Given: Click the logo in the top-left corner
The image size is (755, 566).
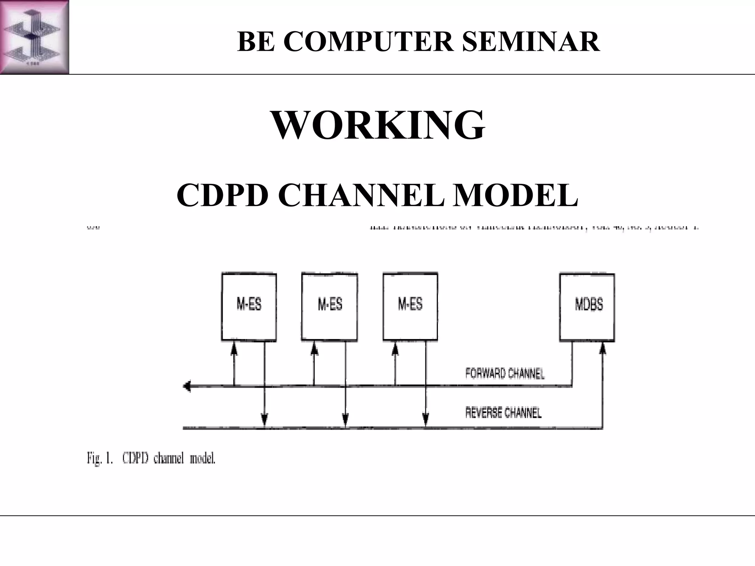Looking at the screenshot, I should [34, 37].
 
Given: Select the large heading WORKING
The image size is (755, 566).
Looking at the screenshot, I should [378, 125].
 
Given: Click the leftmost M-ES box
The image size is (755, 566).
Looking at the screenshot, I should [249, 307].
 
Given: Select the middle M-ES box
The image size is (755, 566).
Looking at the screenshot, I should [330, 307].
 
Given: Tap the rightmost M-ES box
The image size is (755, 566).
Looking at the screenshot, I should [410, 307].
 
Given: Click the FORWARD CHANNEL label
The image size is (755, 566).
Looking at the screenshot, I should [505, 374].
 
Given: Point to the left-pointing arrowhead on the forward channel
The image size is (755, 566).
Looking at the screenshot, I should [187, 387].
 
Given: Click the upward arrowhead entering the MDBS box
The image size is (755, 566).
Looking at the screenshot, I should [602, 348].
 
